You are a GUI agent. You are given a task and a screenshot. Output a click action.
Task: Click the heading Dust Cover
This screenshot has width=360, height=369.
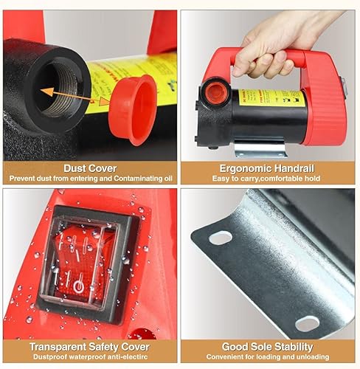point(90,167)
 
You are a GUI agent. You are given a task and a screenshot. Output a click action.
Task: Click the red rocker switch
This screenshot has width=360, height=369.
point(80,262)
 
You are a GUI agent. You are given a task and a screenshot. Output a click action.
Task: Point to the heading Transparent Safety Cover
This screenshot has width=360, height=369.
point(90,346)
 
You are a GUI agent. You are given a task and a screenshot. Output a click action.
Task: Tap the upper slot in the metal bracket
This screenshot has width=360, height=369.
point(220,238)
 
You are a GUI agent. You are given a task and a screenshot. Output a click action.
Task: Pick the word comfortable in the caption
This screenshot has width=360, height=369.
point(277,178)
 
